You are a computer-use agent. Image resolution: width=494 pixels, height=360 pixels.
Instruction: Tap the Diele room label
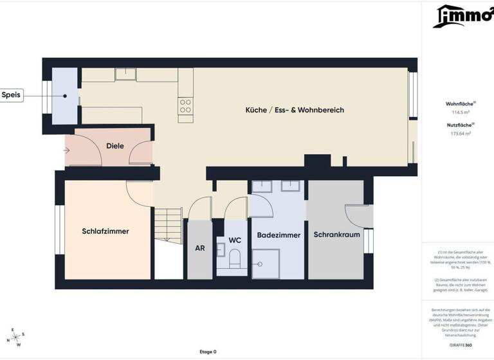pyautogui.click(x=115, y=146)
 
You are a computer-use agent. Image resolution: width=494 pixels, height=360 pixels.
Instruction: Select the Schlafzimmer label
pyautogui.click(x=105, y=231)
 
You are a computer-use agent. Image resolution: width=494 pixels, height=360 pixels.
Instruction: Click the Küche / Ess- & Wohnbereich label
pyautogui.click(x=295, y=110)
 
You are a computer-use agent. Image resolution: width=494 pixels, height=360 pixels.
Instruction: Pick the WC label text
pyautogui.click(x=235, y=240)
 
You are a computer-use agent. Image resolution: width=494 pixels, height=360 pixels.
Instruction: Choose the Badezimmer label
pyautogui.click(x=279, y=235)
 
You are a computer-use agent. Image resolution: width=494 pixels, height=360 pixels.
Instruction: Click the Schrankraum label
pyautogui.click(x=336, y=235)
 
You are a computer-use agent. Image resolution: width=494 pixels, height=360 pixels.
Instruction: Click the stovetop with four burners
pyautogui.click(x=186, y=106)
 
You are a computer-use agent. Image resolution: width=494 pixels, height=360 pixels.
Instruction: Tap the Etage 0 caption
pyautogui.click(x=208, y=352)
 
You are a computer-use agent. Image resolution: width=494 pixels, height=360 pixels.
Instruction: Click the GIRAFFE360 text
pyautogui.click(x=459, y=346)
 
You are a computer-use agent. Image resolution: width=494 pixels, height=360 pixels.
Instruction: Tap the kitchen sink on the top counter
pyautogui.click(x=126, y=75)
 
